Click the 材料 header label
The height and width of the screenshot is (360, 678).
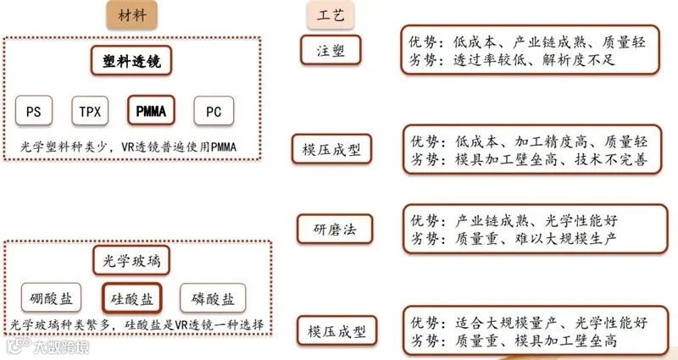tap(132, 15)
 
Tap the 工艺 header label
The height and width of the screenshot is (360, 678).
tap(331, 15)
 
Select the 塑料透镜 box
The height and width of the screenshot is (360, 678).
tap(131, 61)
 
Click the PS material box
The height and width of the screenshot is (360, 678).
tap(34, 111)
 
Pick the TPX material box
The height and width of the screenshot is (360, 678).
tap(90, 111)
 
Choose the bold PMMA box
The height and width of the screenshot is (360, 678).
tap(152, 111)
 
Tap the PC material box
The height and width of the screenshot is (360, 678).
tap(214, 111)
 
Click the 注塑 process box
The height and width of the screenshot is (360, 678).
tap(331, 50)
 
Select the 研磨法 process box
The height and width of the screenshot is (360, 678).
tap(335, 229)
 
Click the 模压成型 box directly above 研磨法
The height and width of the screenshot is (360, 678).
tap(331, 149)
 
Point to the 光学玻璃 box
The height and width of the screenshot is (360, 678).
tap(131, 261)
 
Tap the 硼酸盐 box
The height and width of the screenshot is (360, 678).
tap(51, 298)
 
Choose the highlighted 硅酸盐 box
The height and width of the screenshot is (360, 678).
tap(132, 298)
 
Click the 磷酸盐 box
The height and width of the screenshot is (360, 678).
tap(213, 298)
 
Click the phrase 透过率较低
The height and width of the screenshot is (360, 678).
tap(490, 59)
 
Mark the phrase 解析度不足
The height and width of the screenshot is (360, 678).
tap(579, 59)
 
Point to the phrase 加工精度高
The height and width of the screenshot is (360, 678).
tap(551, 141)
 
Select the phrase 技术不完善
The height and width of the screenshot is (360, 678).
tap(611, 159)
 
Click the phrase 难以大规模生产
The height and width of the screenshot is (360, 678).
tap(565, 239)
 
